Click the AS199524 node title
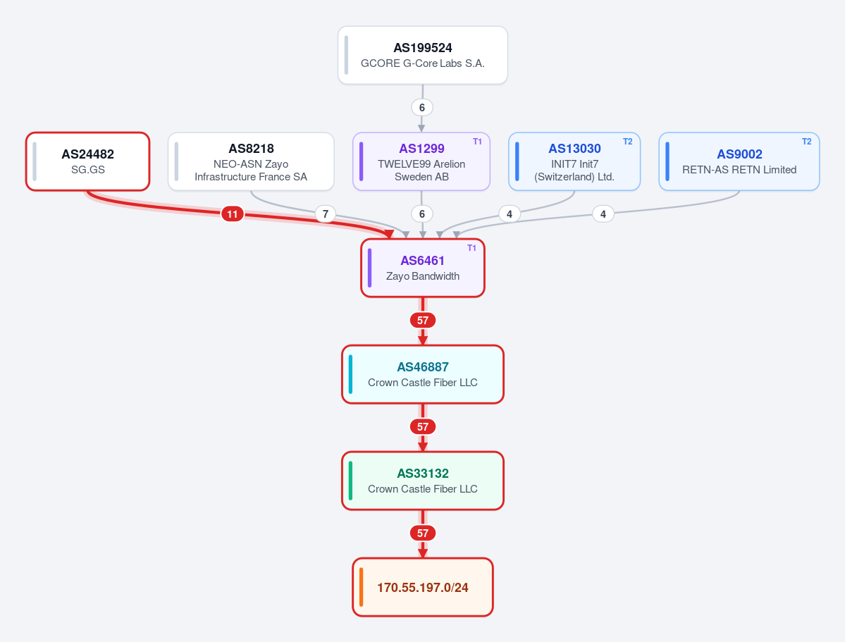pos(423,48)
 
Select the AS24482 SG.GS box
pos(88,161)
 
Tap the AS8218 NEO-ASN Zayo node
pos(251,161)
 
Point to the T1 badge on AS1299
pos(477,142)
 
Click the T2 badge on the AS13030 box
pos(628,142)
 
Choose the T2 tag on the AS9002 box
pos(807,142)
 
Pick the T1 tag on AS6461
pos(471,248)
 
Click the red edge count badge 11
pos(233,214)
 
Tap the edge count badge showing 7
pos(326,214)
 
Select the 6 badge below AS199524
pos(422,107)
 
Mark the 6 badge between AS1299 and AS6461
pos(422,214)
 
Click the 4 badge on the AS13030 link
pos(510,214)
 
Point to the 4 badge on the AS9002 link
pos(603,214)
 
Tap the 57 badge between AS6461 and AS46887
pos(423,320)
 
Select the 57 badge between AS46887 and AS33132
pos(423,427)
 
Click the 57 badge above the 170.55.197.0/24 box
pos(423,533)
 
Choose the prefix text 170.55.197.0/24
pos(423,588)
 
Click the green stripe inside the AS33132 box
pos(351,481)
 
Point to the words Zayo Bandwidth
pos(423,276)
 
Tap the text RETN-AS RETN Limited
pos(739,170)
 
